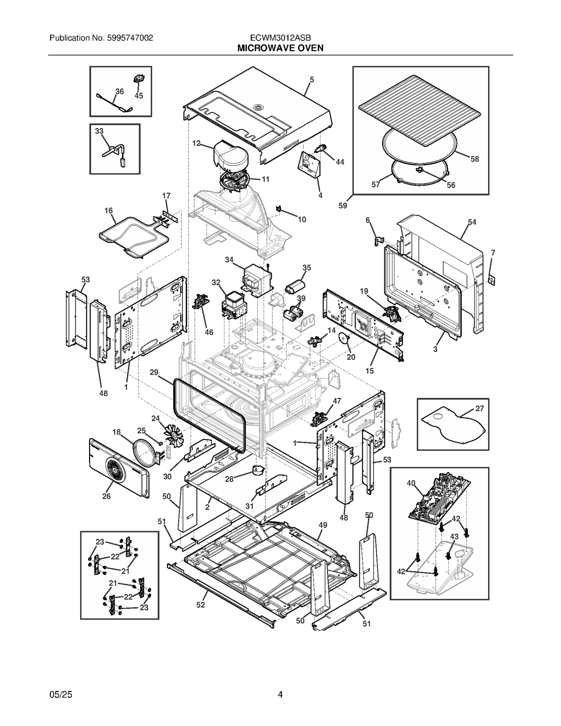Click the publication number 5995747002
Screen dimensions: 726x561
129,38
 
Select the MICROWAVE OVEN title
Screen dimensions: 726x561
280,48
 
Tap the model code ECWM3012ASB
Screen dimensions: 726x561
280,38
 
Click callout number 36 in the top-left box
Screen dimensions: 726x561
120,91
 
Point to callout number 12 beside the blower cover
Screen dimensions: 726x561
196,143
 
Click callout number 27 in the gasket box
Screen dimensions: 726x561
479,408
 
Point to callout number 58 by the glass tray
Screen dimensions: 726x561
474,159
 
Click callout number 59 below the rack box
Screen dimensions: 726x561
343,206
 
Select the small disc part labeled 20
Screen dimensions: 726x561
344,339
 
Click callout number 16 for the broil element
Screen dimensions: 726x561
108,210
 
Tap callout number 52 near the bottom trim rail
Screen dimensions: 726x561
200,605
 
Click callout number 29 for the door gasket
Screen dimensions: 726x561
154,372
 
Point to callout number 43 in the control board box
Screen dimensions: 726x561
454,537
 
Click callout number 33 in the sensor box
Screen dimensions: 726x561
99,131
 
